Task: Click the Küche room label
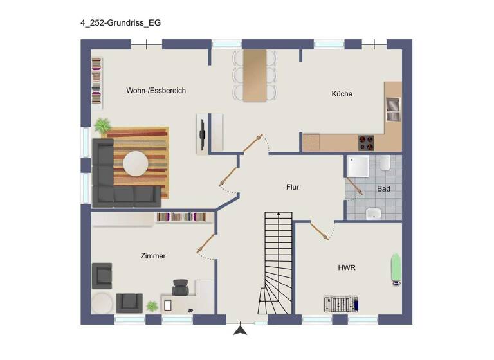[x=342, y=94]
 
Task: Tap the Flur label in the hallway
[x=293, y=188]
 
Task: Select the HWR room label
[x=346, y=267]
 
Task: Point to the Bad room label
[x=383, y=189]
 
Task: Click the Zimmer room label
[x=153, y=256]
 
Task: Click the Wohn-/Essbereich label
[x=156, y=91]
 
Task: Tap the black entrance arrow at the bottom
[x=241, y=330]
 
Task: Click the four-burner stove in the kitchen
[x=366, y=142]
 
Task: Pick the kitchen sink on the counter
[x=392, y=109]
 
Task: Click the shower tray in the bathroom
[x=358, y=166]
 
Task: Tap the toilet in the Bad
[x=385, y=163]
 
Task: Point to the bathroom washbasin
[x=374, y=213]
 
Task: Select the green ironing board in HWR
[x=397, y=269]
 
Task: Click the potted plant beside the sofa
[x=102, y=125]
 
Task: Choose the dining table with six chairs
[x=255, y=75]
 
